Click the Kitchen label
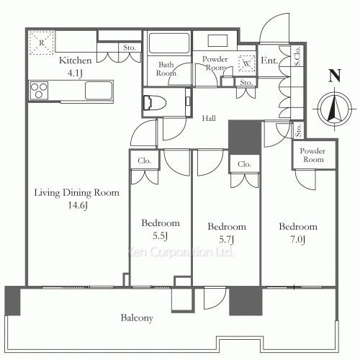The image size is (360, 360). [74, 60]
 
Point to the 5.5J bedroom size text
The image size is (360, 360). [161, 236]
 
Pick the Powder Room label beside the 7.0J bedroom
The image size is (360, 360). [312, 156]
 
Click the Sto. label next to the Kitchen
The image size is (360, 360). [129, 49]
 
